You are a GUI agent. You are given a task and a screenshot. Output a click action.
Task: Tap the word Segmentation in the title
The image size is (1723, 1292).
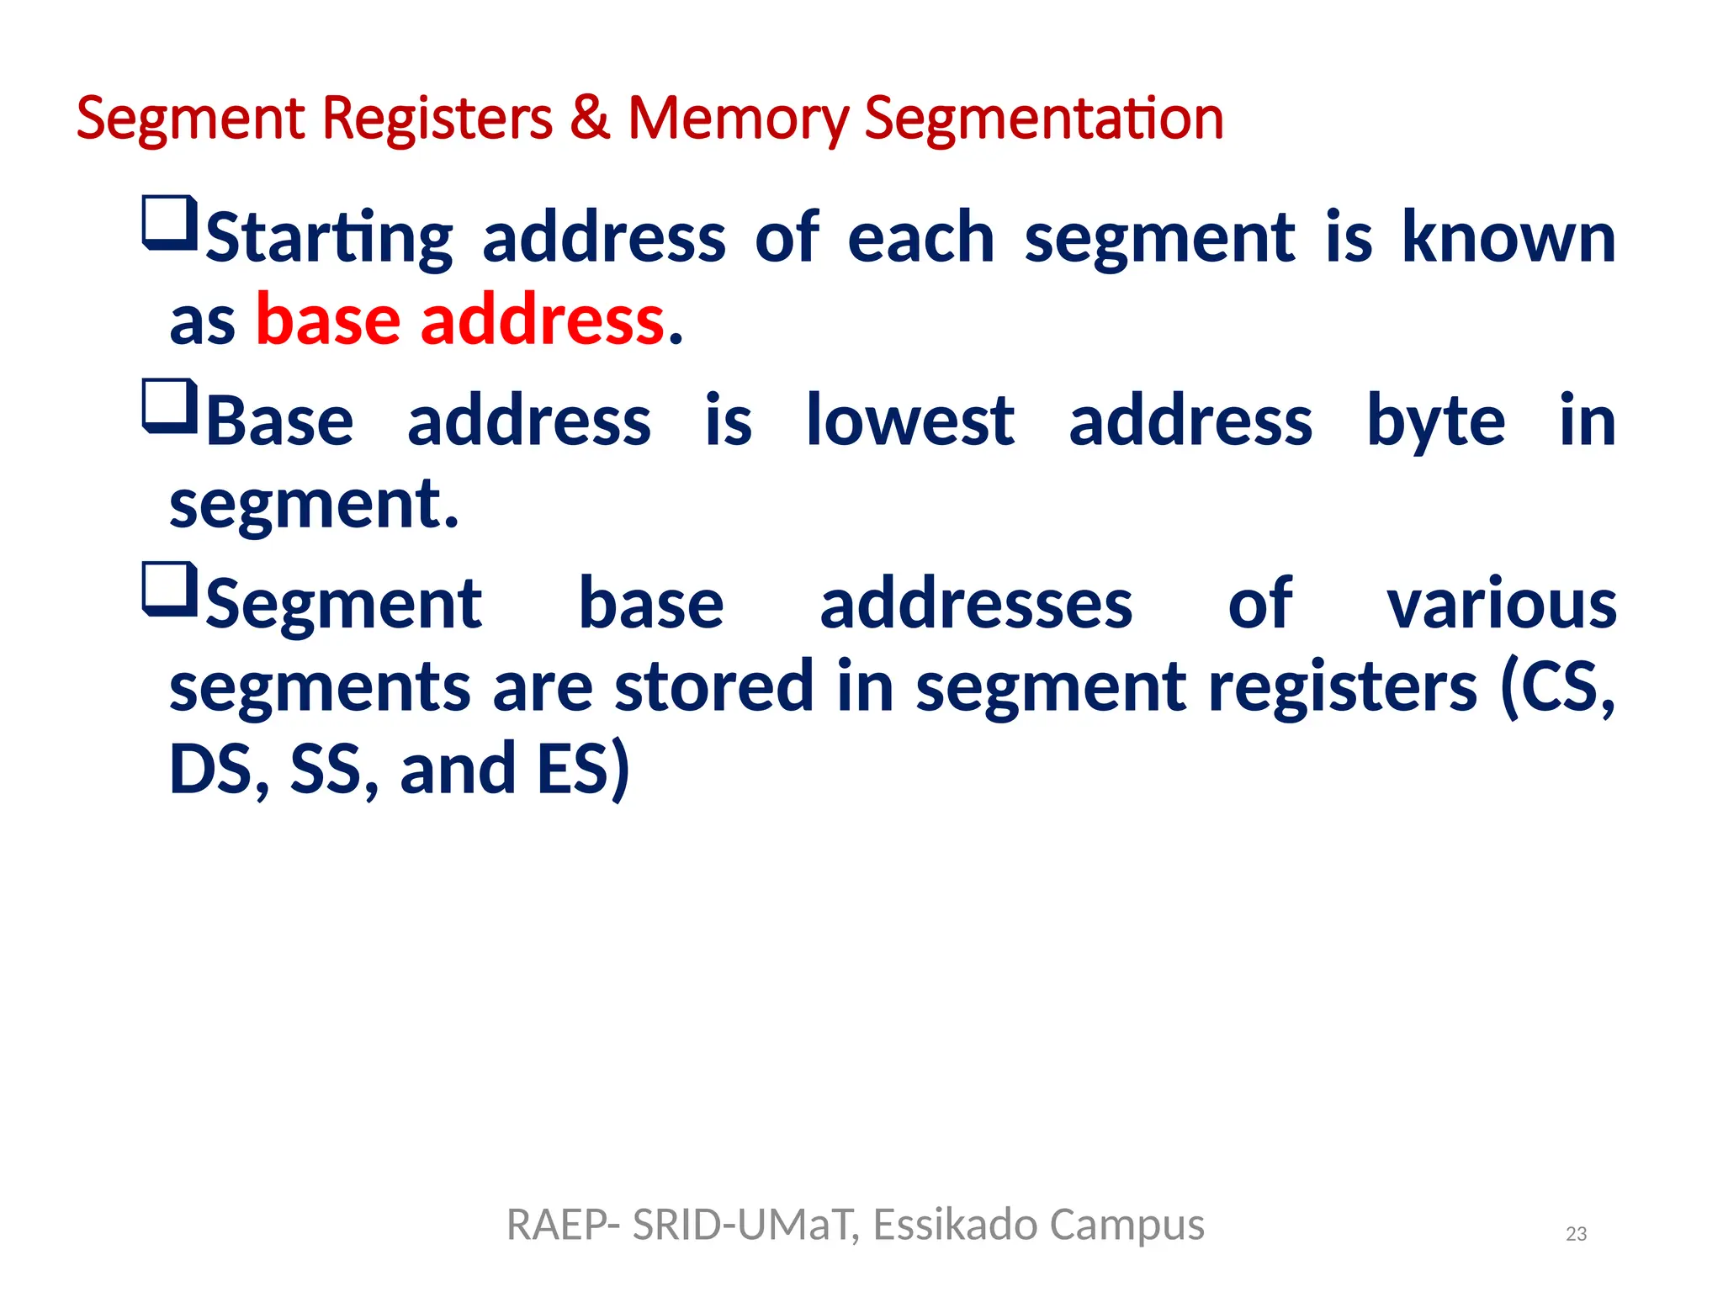1043,119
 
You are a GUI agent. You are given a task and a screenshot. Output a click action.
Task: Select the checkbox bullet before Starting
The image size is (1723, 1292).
170,224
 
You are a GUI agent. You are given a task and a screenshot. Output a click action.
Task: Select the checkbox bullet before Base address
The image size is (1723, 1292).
170,406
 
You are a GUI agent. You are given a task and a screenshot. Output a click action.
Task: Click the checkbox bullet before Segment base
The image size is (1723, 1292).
170,589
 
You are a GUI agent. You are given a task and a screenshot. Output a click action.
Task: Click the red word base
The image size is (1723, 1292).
328,321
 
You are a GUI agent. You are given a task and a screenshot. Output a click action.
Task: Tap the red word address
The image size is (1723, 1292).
543,321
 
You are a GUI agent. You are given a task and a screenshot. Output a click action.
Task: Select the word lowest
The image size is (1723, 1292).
910,421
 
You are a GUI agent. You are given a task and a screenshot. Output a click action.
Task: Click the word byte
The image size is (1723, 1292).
1435,422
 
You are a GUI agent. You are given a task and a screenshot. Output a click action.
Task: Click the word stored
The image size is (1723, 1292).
713,686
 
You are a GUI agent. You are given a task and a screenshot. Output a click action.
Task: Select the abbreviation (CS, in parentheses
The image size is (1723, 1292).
1557,686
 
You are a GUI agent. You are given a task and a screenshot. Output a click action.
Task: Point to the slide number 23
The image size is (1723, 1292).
1576,1234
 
